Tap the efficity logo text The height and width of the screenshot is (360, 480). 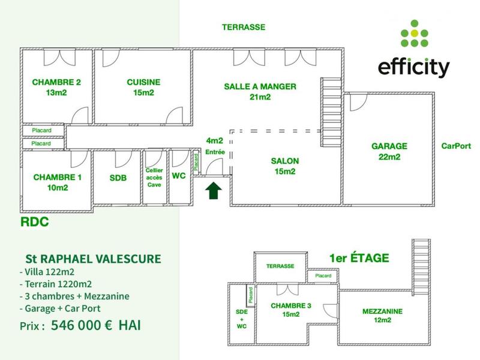click(413, 67)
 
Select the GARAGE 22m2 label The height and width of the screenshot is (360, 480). click(389, 151)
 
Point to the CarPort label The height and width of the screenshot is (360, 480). click(456, 146)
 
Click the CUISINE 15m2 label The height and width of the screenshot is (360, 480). click(143, 88)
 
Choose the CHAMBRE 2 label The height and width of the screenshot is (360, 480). click(56, 88)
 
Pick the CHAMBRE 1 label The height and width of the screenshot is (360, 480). click(57, 182)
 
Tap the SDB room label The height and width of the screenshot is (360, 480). click(118, 178)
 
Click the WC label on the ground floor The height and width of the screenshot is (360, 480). click(179, 176)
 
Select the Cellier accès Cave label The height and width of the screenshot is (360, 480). click(154, 178)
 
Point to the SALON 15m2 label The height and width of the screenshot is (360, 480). click(284, 166)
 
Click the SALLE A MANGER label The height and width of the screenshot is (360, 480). click(260, 91)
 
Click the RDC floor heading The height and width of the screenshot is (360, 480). click(34, 222)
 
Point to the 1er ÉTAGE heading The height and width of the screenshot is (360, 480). click(359, 259)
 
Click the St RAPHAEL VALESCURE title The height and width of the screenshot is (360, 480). click(92, 259)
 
